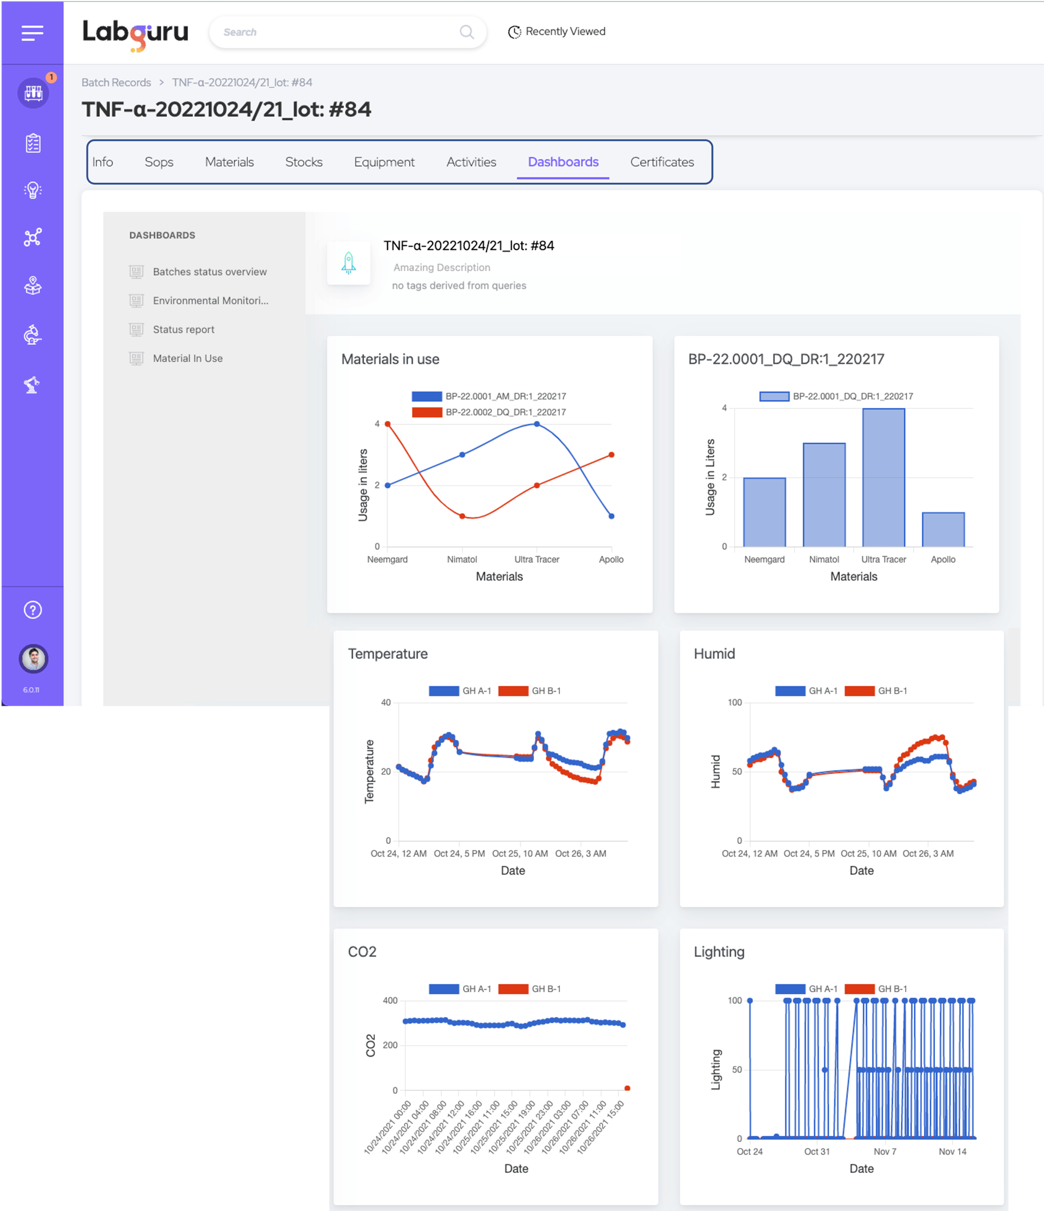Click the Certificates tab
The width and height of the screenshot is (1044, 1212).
pos(662,162)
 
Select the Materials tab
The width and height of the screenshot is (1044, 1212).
pos(229,162)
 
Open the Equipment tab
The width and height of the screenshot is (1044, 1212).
pos(384,162)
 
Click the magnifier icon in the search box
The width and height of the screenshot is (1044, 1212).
pos(467,32)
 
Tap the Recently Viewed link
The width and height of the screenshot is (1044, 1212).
pos(557,32)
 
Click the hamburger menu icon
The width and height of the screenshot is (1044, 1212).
pos(32,33)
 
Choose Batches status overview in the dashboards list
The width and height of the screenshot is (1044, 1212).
pos(209,272)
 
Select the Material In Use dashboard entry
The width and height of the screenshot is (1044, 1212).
pos(187,359)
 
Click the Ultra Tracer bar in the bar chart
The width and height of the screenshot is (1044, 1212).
pos(883,478)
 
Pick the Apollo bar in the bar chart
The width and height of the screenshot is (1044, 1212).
pos(943,530)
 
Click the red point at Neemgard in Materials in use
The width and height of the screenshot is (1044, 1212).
pos(387,424)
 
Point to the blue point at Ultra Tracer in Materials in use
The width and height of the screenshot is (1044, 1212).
pos(537,424)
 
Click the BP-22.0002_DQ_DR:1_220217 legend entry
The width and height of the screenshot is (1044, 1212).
pos(505,412)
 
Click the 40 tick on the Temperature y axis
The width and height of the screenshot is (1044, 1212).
pos(386,703)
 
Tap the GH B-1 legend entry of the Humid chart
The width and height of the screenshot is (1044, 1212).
pos(892,691)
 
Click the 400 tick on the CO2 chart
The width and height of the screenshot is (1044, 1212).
pos(390,1001)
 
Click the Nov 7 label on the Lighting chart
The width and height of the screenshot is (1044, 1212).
pos(884,1152)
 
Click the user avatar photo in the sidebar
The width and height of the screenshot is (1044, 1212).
pos(33,659)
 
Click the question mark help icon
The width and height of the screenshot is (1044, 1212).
pos(33,610)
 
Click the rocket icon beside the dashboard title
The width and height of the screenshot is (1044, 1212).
pos(349,263)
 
